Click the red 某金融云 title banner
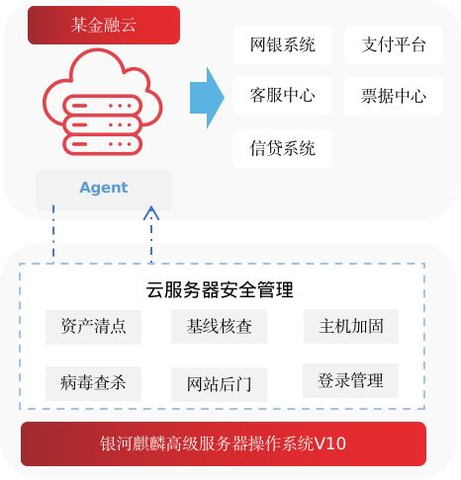(104, 25)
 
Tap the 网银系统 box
(283, 44)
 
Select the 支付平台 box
(394, 44)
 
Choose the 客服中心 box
(283, 96)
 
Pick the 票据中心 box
(394, 96)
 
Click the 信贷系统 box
(283, 148)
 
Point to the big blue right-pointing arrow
(207, 98)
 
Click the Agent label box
(104, 190)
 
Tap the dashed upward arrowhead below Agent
(151, 212)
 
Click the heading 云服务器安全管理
(220, 289)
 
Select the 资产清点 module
(93, 327)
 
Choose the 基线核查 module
(219, 327)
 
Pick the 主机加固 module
(351, 327)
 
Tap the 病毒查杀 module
(93, 383)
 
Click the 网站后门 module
(219, 384)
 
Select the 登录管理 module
(350, 380)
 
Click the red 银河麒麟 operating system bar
(224, 443)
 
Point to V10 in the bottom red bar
(330, 443)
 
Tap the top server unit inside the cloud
(103, 106)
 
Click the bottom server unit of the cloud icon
(103, 144)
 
